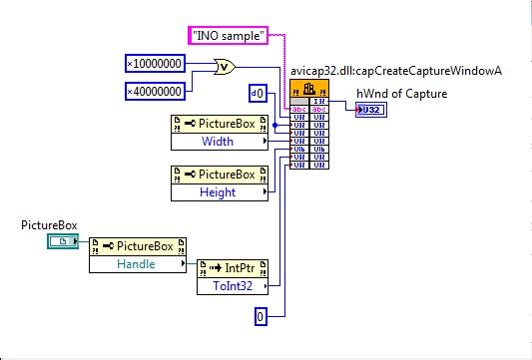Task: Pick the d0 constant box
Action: click(258, 95)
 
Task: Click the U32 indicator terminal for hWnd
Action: click(372, 110)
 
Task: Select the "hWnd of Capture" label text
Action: click(401, 95)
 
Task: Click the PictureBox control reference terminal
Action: click(63, 242)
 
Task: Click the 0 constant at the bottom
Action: click(261, 317)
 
